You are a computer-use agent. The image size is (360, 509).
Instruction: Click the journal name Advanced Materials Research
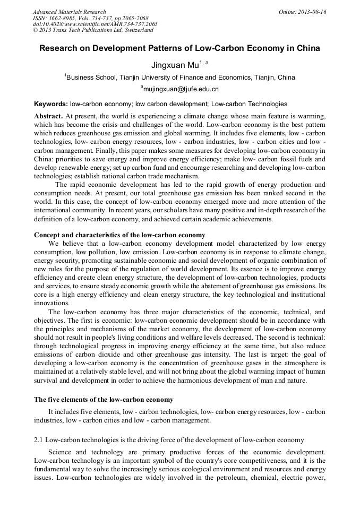[x=69, y=12]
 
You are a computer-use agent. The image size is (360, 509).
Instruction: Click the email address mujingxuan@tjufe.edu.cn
[x=180, y=89]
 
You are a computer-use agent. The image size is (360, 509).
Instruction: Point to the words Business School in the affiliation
[x=90, y=77]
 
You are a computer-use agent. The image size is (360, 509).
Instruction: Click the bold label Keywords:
[x=51, y=104]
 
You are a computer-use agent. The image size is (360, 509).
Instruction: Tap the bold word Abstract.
[x=48, y=116]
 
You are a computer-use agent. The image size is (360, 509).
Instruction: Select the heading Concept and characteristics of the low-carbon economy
[x=119, y=235]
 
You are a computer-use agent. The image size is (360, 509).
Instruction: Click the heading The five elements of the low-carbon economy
[x=104, y=399]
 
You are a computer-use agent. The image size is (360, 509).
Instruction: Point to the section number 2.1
[x=38, y=440]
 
